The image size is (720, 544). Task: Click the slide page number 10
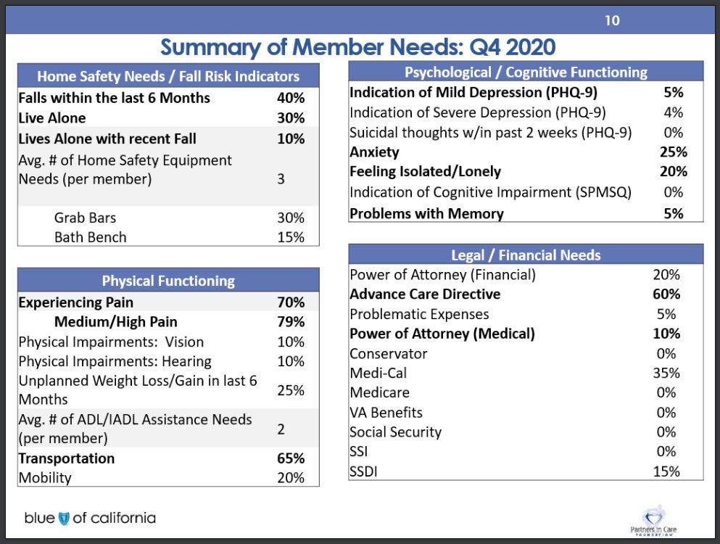point(612,20)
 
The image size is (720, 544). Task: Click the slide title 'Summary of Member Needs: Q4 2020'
point(357,47)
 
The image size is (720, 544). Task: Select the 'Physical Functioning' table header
point(168,281)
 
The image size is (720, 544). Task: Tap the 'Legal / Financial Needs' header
point(526,255)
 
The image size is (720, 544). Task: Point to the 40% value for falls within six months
point(291,98)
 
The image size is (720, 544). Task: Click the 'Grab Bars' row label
point(85,218)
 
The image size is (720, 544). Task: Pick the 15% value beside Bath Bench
point(291,237)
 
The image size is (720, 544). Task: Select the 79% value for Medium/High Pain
point(291,321)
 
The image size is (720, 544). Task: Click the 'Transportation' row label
point(67,458)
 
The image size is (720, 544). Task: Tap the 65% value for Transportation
point(291,458)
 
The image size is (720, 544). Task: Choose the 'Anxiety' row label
point(374,152)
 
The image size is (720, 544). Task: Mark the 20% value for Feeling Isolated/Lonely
point(673,171)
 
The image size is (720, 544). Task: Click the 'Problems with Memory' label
point(426,214)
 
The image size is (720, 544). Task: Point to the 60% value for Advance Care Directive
point(666,294)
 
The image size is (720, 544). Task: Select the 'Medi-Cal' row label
point(378,373)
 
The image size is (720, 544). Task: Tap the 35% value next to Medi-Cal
point(666,373)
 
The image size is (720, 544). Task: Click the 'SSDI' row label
point(363,471)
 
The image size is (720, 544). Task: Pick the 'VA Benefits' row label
point(386,412)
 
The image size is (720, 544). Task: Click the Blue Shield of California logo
point(90,518)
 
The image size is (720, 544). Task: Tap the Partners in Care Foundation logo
point(653,521)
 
